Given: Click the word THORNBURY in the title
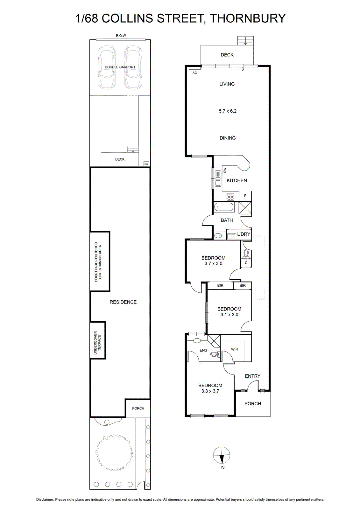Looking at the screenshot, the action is (248, 18).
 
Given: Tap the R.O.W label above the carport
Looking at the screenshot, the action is (121, 36).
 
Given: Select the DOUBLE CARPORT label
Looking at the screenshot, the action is (120, 67).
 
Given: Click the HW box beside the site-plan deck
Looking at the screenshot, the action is (146, 164).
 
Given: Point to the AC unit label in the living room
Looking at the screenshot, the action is (195, 73).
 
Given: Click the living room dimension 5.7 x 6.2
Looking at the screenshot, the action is (228, 111).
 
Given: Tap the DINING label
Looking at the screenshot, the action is (228, 138).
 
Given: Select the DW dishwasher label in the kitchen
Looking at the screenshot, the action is (225, 170).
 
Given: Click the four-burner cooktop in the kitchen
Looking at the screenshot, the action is (230, 197).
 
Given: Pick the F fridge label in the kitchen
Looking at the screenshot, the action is (245, 196).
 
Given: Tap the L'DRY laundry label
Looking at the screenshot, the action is (244, 234).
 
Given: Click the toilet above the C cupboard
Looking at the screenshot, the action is (246, 254).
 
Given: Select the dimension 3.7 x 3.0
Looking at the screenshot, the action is (213, 264).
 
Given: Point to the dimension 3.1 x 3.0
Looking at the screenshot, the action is (229, 315).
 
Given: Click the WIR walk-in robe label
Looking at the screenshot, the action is (235, 349).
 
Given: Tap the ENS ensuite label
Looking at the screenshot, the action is (203, 350).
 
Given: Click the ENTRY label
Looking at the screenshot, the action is (252, 376).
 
